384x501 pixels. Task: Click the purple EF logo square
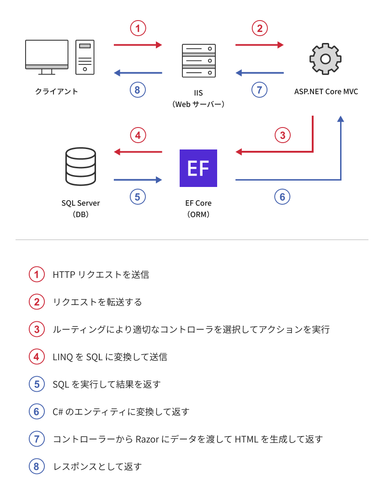(198, 168)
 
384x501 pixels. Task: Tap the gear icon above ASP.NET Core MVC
(325, 59)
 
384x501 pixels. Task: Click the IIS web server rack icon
(198, 60)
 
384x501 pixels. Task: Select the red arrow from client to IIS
(138, 45)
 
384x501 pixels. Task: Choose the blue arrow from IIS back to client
(138, 73)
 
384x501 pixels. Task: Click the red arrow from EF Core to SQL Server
(138, 151)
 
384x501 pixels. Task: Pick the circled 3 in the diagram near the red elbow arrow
(283, 135)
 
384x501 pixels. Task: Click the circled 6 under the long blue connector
(283, 197)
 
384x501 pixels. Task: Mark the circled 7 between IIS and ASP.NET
(259, 90)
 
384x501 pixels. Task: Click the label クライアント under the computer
(57, 91)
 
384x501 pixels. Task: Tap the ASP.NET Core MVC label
(326, 91)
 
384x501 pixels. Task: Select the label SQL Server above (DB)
(80, 203)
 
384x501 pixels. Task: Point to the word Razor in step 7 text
(148, 439)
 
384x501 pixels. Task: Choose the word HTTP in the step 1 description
(63, 275)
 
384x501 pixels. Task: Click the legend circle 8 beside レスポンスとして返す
(37, 467)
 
